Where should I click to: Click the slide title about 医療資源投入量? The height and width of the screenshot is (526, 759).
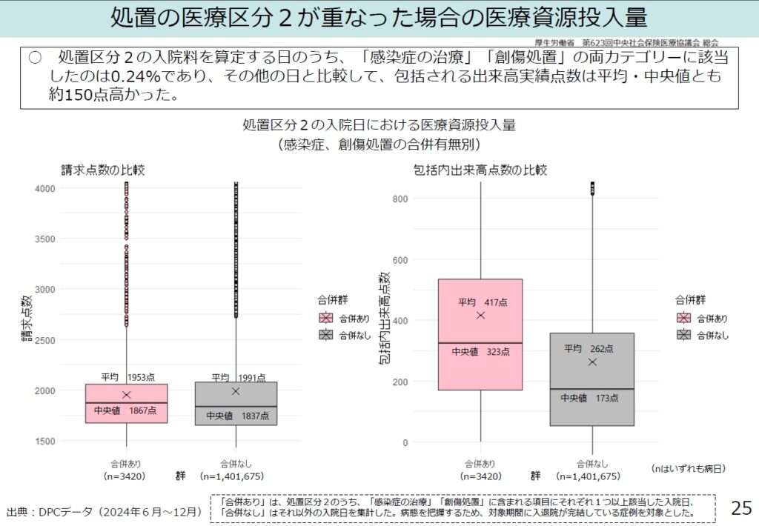coord(379,18)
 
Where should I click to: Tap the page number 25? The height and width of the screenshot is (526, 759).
coord(740,508)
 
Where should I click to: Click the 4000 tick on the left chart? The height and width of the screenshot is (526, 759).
coord(45,188)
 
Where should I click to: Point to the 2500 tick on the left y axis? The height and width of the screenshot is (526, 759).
coord(45,340)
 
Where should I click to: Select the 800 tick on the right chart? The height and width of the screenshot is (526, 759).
coord(401,199)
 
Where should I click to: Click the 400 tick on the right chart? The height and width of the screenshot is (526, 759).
coord(401,321)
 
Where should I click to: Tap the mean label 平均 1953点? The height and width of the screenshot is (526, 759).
coord(127,377)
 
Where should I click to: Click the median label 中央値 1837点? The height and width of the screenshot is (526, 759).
coord(236,416)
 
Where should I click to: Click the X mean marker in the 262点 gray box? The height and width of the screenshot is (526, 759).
coord(592,362)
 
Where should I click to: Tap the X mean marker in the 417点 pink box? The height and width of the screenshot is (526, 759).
coord(481,316)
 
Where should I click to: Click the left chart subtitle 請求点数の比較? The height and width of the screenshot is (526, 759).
coord(102,170)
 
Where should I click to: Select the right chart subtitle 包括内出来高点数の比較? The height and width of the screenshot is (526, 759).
coord(480,170)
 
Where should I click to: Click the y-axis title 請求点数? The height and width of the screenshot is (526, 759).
coord(27,319)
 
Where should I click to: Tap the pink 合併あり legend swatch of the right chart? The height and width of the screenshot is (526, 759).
coord(683,318)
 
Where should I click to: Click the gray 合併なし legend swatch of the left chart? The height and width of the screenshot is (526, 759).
coord(325,335)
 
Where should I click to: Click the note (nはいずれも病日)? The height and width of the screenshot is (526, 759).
coord(688,468)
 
